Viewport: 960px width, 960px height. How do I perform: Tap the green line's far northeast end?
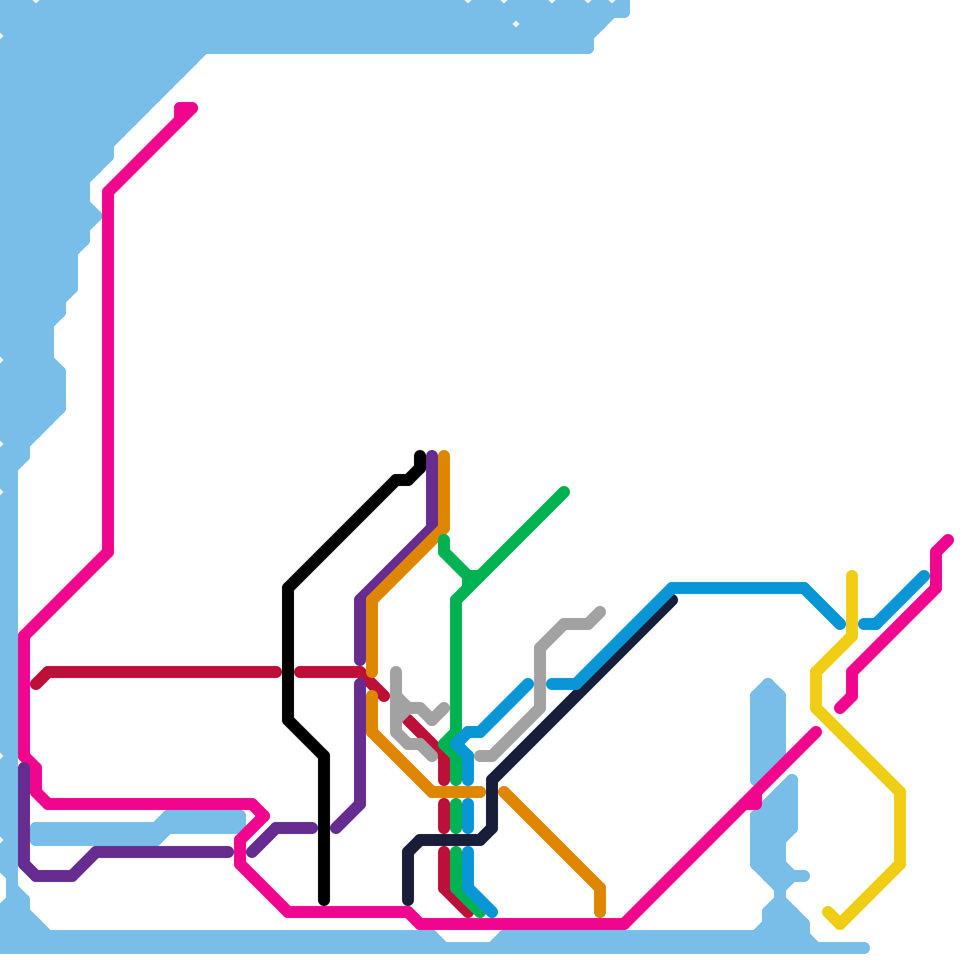(x=564, y=492)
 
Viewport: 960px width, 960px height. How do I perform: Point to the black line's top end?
(x=420, y=455)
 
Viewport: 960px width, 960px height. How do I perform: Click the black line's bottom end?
(x=324, y=900)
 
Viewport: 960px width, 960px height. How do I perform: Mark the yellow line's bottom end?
(x=828, y=912)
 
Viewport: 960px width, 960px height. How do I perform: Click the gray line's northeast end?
(x=600, y=612)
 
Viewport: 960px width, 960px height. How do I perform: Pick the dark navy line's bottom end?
(x=408, y=900)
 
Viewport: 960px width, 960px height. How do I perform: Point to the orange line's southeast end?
(x=600, y=912)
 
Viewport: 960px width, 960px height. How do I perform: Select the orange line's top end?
(x=444, y=455)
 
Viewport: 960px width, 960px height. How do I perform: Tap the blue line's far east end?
(x=924, y=576)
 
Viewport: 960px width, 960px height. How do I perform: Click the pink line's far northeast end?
(x=948, y=540)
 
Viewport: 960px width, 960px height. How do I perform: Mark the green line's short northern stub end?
(x=444, y=540)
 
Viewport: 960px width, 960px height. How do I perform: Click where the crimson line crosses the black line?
(x=288, y=672)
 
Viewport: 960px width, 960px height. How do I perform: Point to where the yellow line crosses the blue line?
(x=852, y=624)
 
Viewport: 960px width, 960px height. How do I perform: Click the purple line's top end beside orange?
(x=432, y=455)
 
